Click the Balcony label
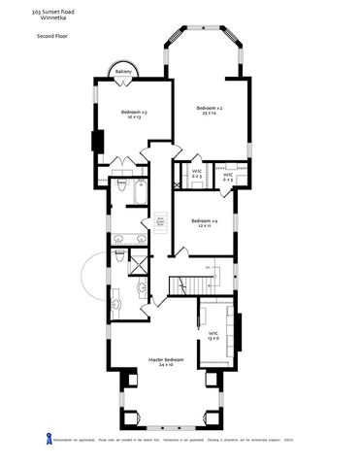pos(123,73)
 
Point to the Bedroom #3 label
pos(134,113)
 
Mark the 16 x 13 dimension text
pos(134,118)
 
